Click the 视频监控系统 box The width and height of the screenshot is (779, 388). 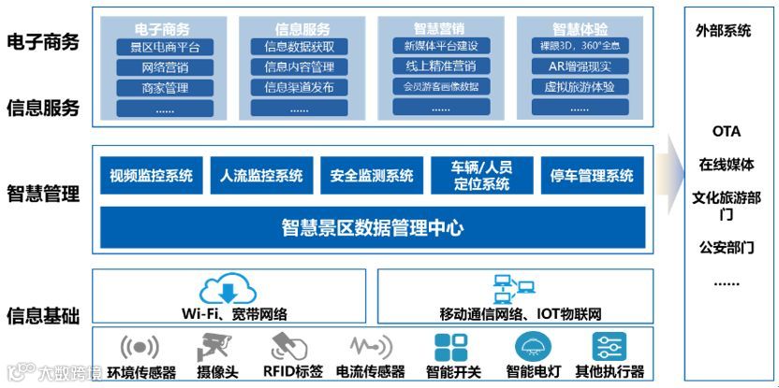pyautogui.click(x=151, y=175)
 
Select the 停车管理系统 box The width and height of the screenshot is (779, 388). pyautogui.click(x=593, y=175)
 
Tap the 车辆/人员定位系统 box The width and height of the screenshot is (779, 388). pyautogui.click(x=482, y=175)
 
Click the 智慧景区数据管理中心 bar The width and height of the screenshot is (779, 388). pyautogui.click(x=373, y=227)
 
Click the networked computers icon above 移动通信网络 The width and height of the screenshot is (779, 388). pyautogui.click(x=513, y=289)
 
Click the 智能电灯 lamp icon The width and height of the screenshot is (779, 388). pyautogui.click(x=534, y=346)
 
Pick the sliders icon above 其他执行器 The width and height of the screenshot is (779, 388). pyautogui.click(x=610, y=346)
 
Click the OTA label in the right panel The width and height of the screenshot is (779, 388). pyautogui.click(x=726, y=132)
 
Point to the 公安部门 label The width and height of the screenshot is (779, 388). pyautogui.click(x=726, y=248)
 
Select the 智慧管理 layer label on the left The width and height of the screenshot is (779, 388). pyautogui.click(x=43, y=194)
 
